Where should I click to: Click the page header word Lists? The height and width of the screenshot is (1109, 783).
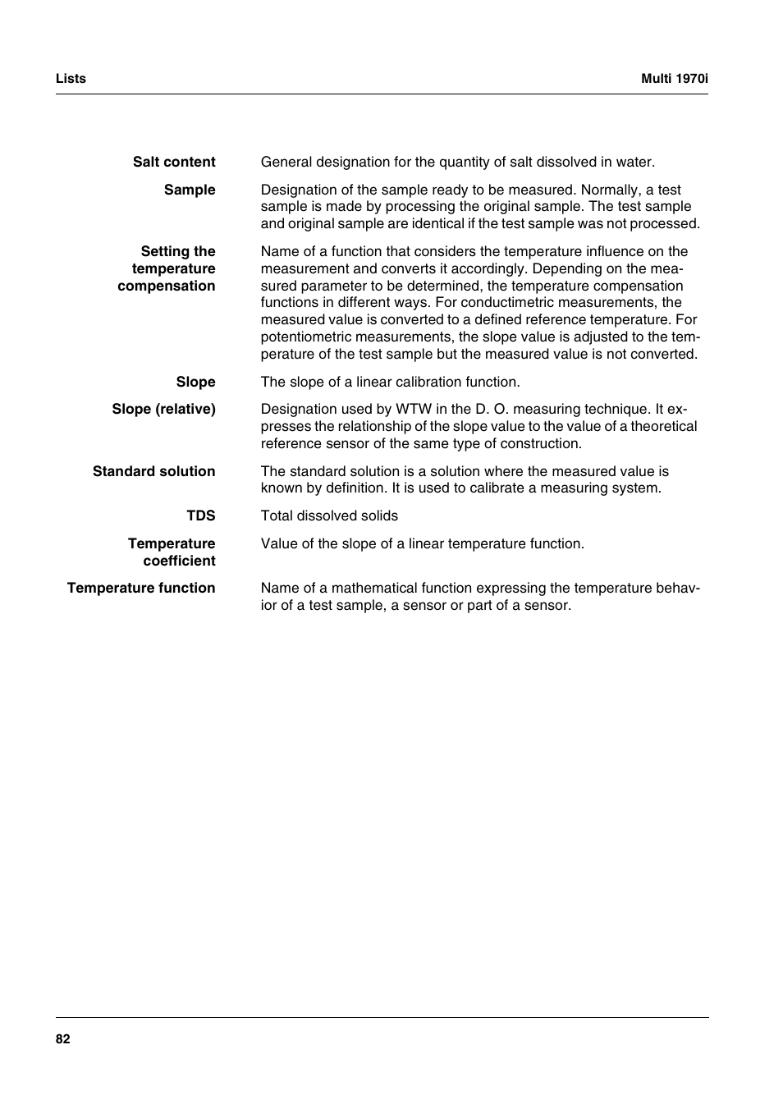[x=71, y=79]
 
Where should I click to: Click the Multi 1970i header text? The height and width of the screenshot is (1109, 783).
[x=674, y=79]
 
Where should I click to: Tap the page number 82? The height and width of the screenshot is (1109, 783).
[x=63, y=1039]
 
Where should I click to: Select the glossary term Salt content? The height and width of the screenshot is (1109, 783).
[x=174, y=163]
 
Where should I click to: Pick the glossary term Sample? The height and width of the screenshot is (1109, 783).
[x=190, y=190]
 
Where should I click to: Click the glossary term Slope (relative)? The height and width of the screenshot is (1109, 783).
[x=163, y=410]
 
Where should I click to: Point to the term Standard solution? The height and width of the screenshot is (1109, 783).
[x=153, y=472]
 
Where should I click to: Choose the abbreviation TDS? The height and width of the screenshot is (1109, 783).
[x=200, y=516]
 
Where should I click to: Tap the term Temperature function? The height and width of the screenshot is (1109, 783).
[x=141, y=589]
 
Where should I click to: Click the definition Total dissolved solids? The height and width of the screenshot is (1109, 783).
[x=329, y=516]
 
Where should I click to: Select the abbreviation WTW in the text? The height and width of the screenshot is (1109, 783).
[x=414, y=410]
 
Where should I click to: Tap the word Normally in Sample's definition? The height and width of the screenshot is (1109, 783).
[x=609, y=190]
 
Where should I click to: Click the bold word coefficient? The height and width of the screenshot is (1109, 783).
[x=179, y=561]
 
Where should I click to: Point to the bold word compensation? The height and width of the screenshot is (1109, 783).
[x=166, y=286]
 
